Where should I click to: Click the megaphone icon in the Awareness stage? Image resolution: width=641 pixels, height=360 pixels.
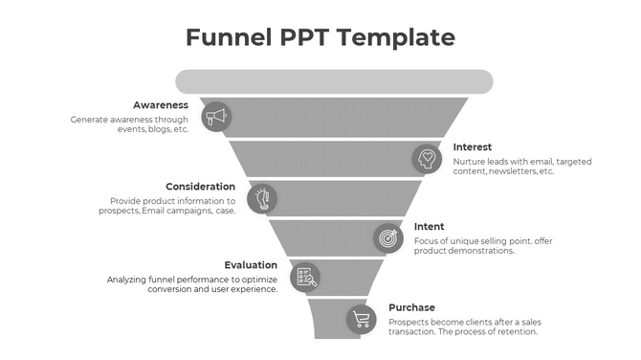pyautogui.click(x=217, y=117)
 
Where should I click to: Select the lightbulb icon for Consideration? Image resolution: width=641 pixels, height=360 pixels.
pyautogui.click(x=262, y=198)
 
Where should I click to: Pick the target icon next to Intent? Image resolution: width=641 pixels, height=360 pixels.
pyautogui.click(x=387, y=236)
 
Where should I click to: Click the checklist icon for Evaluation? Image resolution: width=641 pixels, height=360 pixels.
pyautogui.click(x=304, y=277)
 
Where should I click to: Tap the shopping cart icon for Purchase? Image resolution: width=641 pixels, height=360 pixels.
pyautogui.click(x=361, y=319)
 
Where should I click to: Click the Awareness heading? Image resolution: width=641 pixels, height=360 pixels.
pyautogui.click(x=161, y=104)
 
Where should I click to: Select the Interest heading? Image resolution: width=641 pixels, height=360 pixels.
pyautogui.click(x=473, y=146)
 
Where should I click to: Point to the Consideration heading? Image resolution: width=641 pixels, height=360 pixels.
pyautogui.click(x=200, y=186)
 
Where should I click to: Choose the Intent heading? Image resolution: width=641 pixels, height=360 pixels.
pyautogui.click(x=429, y=226)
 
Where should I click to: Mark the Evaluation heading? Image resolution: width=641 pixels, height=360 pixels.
pyautogui.click(x=251, y=265)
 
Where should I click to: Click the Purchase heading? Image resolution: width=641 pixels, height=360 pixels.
pyautogui.click(x=412, y=306)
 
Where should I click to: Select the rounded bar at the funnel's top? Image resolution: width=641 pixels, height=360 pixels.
pyautogui.click(x=334, y=81)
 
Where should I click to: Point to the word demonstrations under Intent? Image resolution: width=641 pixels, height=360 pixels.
pyautogui.click(x=482, y=251)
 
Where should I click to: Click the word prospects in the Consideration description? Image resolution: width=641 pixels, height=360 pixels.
pyautogui.click(x=119, y=212)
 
